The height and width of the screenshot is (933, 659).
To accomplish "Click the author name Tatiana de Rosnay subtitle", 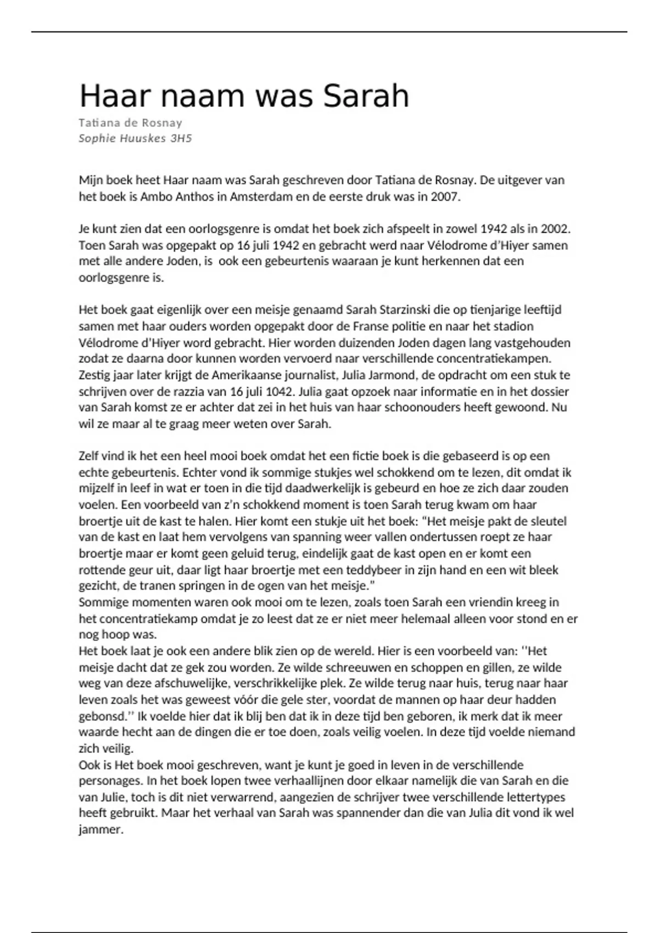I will [x=130, y=123].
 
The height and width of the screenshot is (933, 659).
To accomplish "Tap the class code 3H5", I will [x=181, y=138].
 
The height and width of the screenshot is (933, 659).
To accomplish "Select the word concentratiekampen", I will [x=493, y=359].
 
